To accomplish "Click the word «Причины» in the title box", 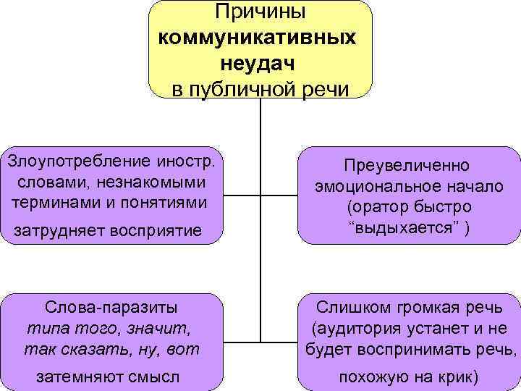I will pos(260,12).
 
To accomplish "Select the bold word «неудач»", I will pos(260,64).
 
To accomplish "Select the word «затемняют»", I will pos(72,377).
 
